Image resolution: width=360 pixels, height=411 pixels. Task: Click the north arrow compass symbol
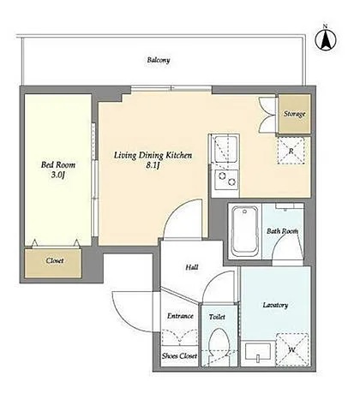(x=326, y=39)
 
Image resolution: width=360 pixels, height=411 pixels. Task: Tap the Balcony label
(x=159, y=60)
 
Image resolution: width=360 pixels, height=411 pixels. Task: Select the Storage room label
(x=294, y=114)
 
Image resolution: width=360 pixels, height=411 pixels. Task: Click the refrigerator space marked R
(x=291, y=151)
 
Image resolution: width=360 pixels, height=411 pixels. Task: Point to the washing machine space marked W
(x=291, y=349)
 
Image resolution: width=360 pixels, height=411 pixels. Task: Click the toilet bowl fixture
(x=219, y=345)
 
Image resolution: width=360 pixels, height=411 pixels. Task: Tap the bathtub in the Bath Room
(x=244, y=231)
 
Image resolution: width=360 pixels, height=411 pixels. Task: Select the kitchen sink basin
(x=225, y=149)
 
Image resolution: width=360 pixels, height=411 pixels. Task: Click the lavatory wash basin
(x=258, y=353)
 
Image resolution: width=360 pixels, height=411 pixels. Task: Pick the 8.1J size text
(x=153, y=165)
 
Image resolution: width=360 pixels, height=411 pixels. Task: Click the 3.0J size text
(x=58, y=175)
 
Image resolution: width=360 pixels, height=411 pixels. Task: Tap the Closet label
(x=55, y=260)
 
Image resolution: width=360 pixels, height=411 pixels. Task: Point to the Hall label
(x=192, y=267)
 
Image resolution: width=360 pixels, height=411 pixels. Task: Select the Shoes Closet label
(x=179, y=356)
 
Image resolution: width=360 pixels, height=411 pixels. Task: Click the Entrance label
(x=180, y=316)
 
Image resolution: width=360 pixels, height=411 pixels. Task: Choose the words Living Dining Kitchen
(x=153, y=156)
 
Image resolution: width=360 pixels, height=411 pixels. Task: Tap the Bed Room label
(x=58, y=164)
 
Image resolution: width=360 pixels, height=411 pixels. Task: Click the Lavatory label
(x=275, y=305)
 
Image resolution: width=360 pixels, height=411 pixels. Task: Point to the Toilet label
(x=217, y=317)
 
